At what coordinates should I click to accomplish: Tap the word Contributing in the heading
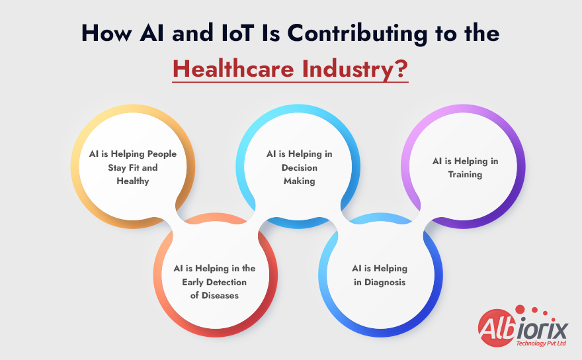pos(357,34)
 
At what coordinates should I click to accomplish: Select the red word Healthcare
pos(233,69)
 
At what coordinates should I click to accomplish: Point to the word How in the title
pos(106,32)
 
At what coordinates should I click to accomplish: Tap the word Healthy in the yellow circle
pos(133,181)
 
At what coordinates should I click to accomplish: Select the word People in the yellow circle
pos(162,154)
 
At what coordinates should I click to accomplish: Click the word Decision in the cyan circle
pos(299,167)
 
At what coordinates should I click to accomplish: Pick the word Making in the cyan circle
pos(299,181)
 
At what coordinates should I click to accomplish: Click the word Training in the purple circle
pos(465,175)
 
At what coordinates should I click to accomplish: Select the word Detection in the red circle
pos(226,283)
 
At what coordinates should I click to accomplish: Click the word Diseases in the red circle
pos(220,296)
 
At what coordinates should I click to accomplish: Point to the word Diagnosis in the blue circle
pos(385,283)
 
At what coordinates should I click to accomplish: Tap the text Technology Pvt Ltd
pos(541,343)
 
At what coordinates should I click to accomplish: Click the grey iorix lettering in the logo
pos(542,329)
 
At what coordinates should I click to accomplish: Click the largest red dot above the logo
pos(520,310)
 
